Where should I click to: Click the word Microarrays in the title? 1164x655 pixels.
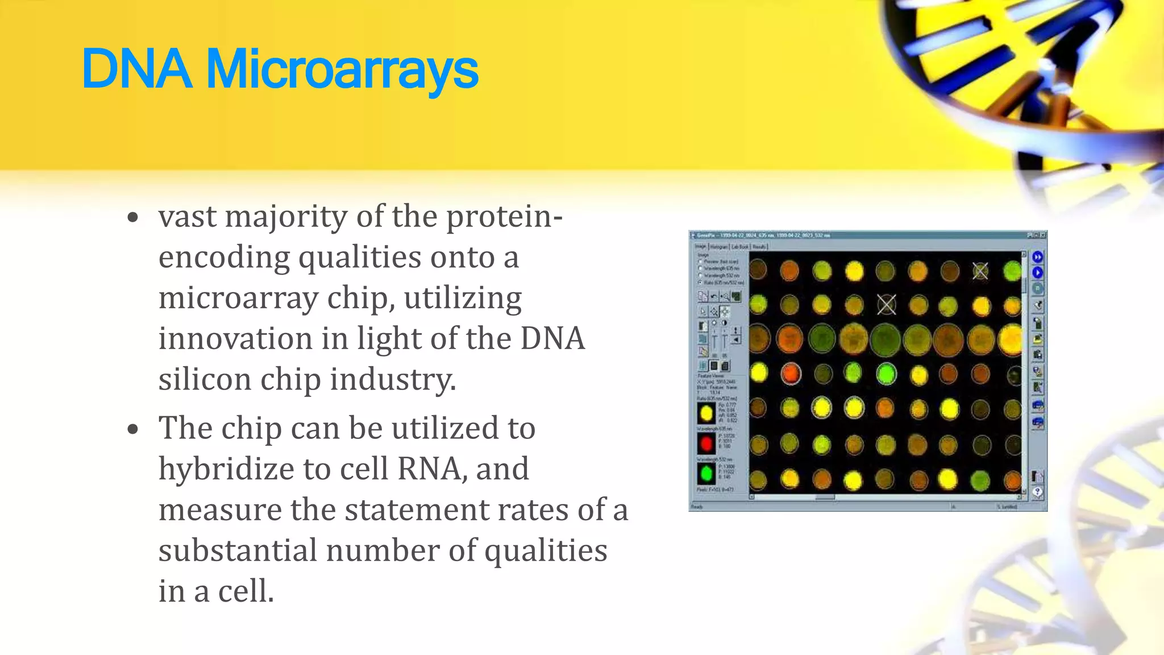342,69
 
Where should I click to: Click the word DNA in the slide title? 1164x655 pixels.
136,69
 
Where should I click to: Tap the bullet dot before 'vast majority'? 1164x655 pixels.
133,218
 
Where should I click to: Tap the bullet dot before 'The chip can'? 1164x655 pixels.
133,429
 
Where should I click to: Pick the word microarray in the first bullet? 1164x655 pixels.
238,298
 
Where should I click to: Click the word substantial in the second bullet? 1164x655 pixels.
238,550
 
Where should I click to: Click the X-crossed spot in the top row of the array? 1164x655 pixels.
980,271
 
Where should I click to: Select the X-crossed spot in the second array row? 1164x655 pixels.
887,305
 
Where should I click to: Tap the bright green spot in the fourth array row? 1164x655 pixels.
886,374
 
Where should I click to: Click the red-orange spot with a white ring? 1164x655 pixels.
790,374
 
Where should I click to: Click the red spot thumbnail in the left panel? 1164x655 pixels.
706,443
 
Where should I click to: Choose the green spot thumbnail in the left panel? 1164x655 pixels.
706,473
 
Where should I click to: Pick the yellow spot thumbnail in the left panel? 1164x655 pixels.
706,413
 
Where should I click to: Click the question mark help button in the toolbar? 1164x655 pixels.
1038,492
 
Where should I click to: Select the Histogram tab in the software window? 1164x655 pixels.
719,247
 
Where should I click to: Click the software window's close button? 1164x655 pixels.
1043,235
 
